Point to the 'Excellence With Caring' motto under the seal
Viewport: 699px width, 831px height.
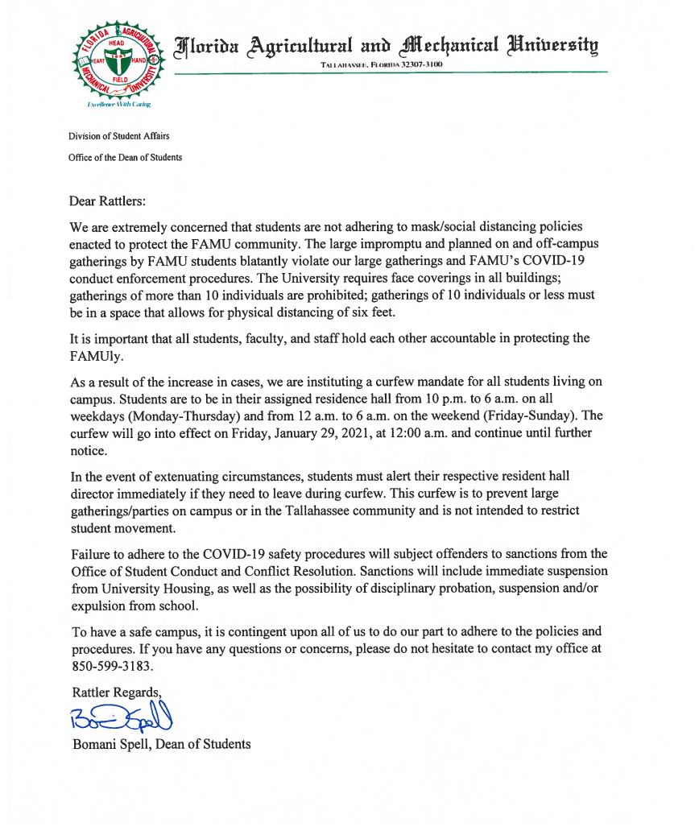tap(118, 104)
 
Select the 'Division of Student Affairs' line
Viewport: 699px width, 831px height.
tap(118, 137)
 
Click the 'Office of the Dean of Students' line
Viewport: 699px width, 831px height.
tap(125, 158)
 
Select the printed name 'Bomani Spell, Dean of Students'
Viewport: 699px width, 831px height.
tap(161, 744)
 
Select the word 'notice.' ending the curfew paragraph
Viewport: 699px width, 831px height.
tap(89, 451)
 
